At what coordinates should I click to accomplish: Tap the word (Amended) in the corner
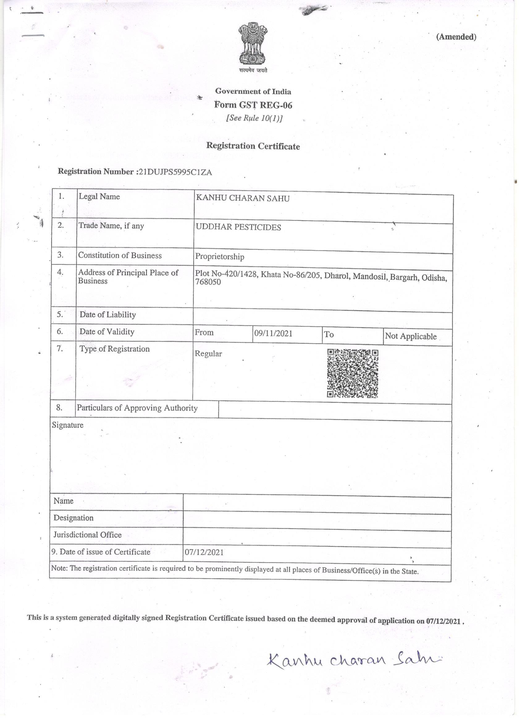tap(456, 37)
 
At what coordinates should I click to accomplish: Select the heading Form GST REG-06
tap(253, 105)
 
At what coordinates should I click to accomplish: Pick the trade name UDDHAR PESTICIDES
tap(238, 227)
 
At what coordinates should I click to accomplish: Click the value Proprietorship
tap(219, 257)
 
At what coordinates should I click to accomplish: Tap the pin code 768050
tap(208, 282)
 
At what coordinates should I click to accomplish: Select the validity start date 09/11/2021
tap(273, 333)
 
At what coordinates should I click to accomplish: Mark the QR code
tap(352, 373)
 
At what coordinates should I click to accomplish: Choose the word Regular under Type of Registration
tap(208, 354)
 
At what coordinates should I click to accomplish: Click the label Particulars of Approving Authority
tap(137, 408)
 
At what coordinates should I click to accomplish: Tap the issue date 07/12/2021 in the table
tap(204, 552)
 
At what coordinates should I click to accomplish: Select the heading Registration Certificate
tap(253, 146)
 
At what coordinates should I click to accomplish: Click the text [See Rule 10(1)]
tap(254, 118)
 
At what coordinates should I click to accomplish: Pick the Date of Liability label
tap(107, 314)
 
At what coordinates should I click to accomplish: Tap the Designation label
tap(73, 518)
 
